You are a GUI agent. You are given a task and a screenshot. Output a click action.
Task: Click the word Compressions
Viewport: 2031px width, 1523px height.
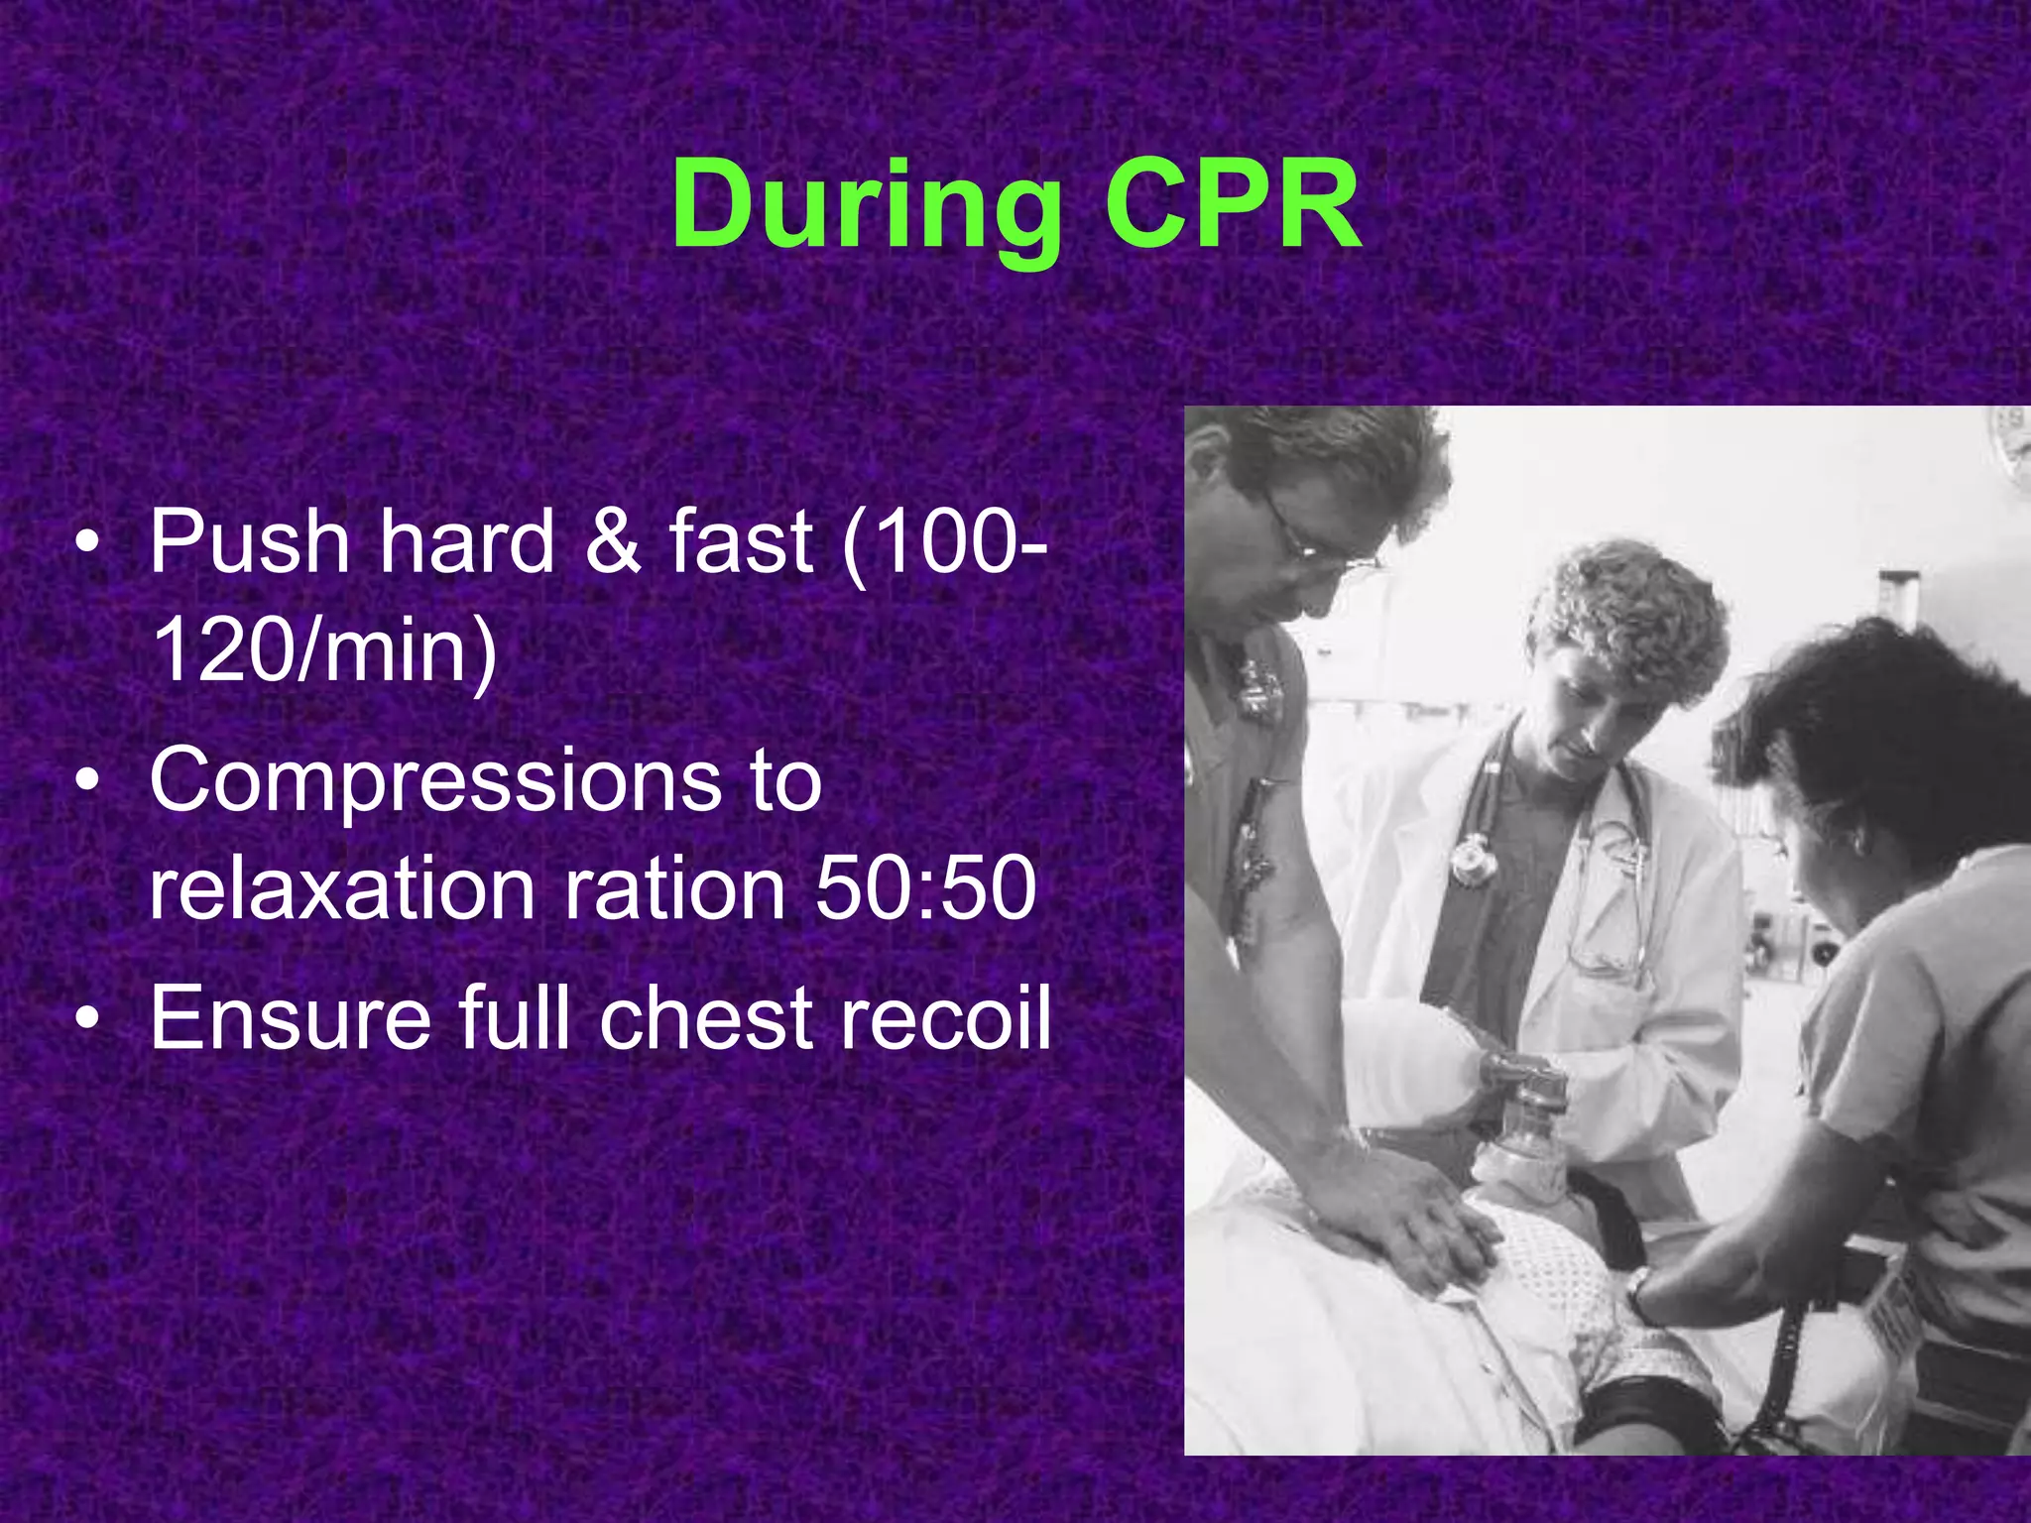(435, 780)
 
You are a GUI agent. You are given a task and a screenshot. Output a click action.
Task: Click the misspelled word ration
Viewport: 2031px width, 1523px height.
(675, 888)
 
